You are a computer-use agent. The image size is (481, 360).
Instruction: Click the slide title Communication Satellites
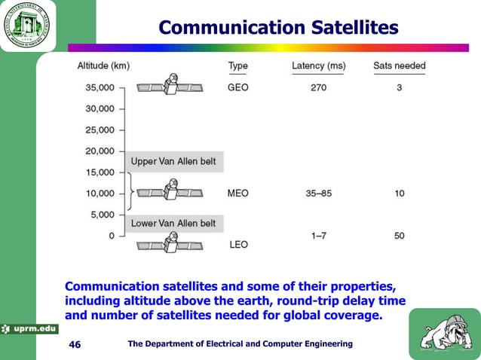278,28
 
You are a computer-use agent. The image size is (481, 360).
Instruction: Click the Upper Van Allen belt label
173,162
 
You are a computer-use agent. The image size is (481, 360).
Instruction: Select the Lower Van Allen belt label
173,224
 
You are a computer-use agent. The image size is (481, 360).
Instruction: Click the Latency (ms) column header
318,66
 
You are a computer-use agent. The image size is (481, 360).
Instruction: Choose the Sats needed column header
399,66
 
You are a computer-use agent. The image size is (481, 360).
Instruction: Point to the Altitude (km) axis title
103,66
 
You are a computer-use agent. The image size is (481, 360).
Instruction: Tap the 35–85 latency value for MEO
318,194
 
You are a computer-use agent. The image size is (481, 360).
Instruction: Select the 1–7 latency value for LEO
318,236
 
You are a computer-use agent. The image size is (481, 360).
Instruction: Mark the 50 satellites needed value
399,236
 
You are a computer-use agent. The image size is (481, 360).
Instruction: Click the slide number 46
75,344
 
